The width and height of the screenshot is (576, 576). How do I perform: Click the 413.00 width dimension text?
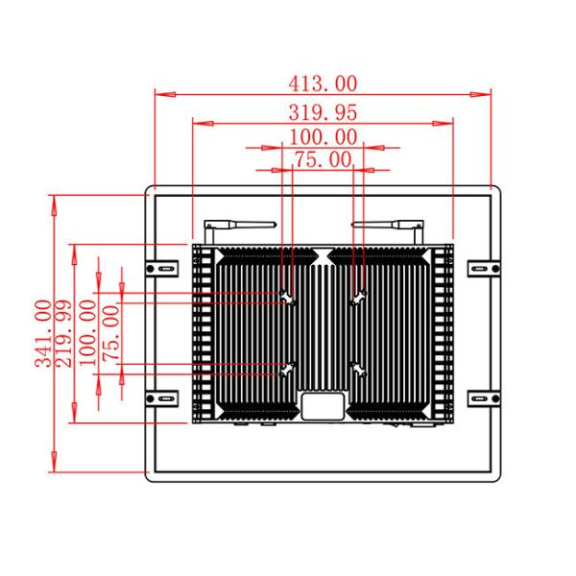click(322, 84)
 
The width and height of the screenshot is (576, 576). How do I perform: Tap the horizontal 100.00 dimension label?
click(322, 138)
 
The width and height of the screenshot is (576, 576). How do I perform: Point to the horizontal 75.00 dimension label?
click(322, 160)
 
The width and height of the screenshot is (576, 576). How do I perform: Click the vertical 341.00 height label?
click(43, 333)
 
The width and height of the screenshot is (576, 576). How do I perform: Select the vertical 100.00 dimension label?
click(88, 332)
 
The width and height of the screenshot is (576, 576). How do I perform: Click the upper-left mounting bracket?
click(160, 268)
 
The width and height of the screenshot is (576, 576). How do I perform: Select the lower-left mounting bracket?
click(160, 397)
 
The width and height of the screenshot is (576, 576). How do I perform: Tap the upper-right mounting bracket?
click(482, 268)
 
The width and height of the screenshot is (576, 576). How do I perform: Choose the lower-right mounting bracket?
click(482, 397)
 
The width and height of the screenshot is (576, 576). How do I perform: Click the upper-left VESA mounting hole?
click(287, 298)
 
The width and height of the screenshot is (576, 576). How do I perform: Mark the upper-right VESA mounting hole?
click(358, 298)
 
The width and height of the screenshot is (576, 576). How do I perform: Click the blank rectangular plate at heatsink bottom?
click(322, 407)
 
